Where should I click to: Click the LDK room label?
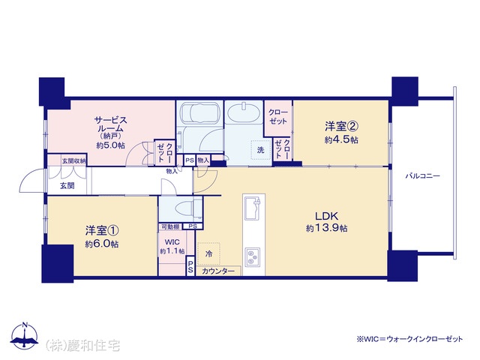click(x=327, y=216)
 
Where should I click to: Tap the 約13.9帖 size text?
click(x=327, y=228)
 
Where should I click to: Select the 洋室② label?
click(x=341, y=126)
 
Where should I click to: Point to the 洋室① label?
click(x=102, y=230)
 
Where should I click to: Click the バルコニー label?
click(x=423, y=176)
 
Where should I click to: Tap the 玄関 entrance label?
click(x=67, y=185)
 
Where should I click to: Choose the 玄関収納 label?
click(x=74, y=160)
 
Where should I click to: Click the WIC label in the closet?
click(x=172, y=242)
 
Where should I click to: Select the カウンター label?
click(x=218, y=271)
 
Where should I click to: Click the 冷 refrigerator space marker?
click(x=208, y=253)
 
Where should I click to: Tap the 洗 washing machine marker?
click(x=260, y=150)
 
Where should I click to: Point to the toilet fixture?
click(x=188, y=208)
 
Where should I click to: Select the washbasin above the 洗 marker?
click(x=244, y=112)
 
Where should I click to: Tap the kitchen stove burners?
click(x=253, y=256)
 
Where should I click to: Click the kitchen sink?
click(x=252, y=208)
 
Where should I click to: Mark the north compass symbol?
click(x=25, y=335)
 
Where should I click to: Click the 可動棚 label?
click(x=170, y=226)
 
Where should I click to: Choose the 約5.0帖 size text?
click(x=111, y=145)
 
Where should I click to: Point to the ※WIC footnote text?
click(x=409, y=339)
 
